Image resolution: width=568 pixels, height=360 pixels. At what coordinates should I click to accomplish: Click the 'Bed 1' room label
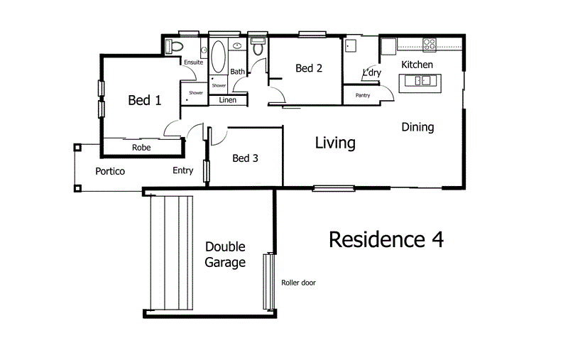[144, 101]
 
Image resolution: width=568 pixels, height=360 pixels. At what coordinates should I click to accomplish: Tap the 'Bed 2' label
[310, 69]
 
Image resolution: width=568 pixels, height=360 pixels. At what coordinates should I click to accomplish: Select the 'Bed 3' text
[246, 158]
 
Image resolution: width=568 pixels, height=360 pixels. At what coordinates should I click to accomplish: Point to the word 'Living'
[335, 143]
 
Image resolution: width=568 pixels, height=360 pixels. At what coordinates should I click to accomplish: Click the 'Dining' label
[417, 127]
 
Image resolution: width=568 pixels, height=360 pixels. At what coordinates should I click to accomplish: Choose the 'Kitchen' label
[417, 65]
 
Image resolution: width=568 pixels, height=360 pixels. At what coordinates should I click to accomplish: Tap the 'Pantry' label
[362, 95]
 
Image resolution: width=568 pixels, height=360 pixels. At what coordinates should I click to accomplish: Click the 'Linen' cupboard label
[227, 100]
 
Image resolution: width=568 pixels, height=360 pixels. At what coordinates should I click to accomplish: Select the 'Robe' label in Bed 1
[141, 148]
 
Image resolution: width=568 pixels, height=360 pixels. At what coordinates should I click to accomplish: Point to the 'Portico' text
[110, 171]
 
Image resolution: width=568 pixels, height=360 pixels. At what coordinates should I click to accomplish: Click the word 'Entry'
[182, 170]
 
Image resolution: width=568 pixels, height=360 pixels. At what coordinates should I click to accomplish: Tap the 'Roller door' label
[298, 283]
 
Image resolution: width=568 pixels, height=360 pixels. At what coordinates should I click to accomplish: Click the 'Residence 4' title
[386, 239]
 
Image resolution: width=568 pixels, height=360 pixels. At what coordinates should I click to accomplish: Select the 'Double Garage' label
[225, 255]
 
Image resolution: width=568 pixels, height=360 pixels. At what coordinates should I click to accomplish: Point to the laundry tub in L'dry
[351, 45]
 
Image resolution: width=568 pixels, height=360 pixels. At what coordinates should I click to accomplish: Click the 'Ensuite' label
[194, 62]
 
